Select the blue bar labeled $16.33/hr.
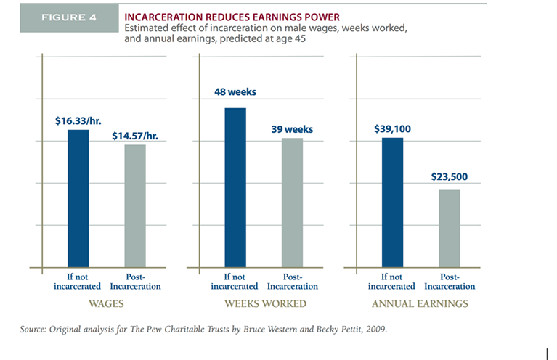point(78,198)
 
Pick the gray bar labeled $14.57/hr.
point(135,205)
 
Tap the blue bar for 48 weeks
point(235,187)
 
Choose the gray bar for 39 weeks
point(292,202)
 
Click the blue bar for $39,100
point(393,202)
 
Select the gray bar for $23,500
point(450,228)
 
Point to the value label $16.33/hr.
point(78,120)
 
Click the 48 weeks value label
point(235,92)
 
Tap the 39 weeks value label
point(292,129)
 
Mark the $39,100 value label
point(393,128)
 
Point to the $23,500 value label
point(450,176)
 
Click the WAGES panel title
point(106,303)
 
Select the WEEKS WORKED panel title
point(264,303)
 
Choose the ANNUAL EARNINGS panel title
point(421,303)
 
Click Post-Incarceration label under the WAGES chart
point(135,281)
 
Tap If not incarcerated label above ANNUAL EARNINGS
point(393,281)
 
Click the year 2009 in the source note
point(378,330)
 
